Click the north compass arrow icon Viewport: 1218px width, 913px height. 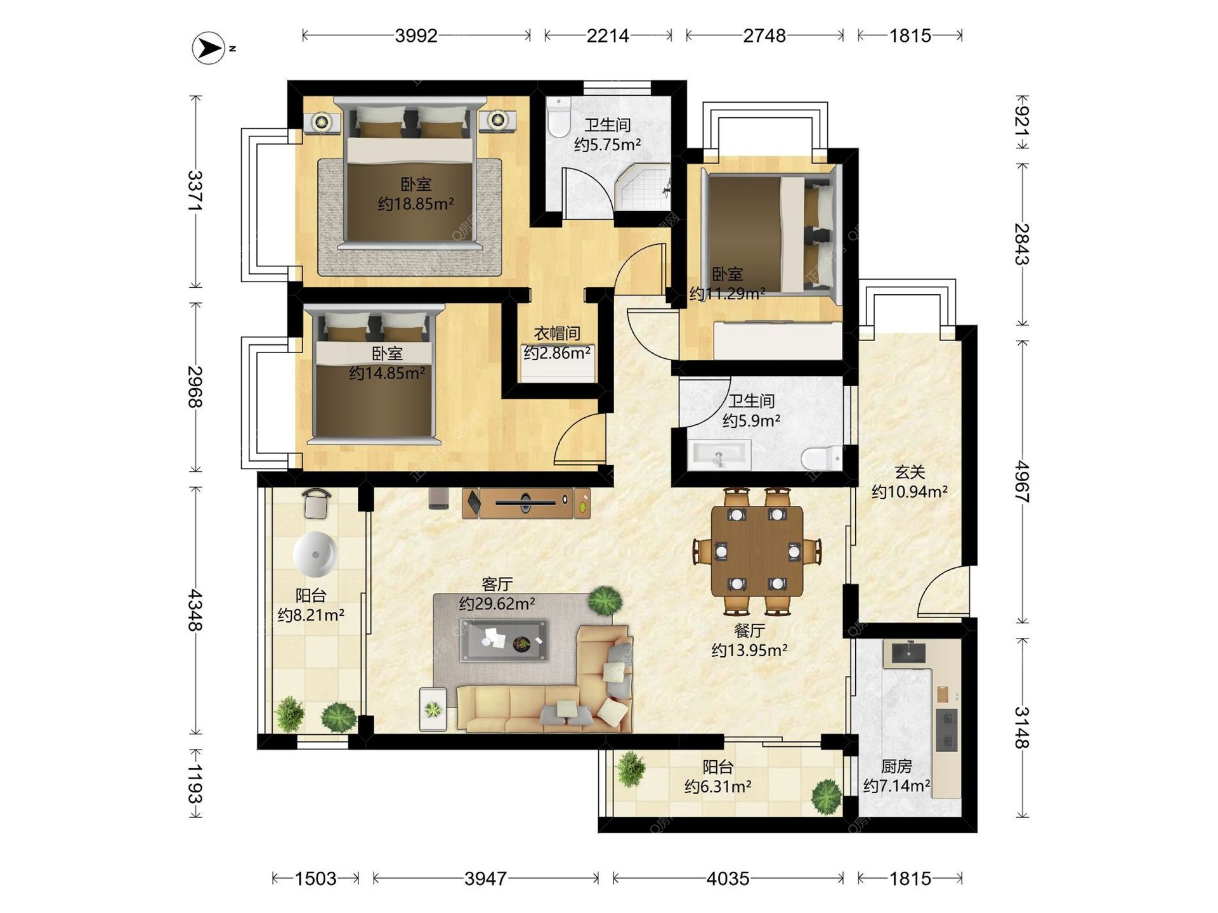pyautogui.click(x=209, y=48)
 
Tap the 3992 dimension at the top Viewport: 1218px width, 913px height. pyautogui.click(x=416, y=36)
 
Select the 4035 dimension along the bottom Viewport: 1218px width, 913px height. pyautogui.click(x=728, y=878)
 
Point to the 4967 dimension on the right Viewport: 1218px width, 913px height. pyautogui.click(x=1021, y=482)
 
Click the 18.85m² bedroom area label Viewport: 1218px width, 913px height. pyautogui.click(x=416, y=204)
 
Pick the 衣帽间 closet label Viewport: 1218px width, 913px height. pyautogui.click(x=557, y=333)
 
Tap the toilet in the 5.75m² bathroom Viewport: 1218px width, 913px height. pyautogui.click(x=559, y=117)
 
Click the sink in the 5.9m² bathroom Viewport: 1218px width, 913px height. pyautogui.click(x=719, y=455)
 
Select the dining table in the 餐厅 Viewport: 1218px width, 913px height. pyautogui.click(x=757, y=551)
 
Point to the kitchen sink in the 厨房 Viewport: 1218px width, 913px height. pyautogui.click(x=908, y=652)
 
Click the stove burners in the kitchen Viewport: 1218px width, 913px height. pyautogui.click(x=946, y=730)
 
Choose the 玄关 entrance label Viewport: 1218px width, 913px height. pyautogui.click(x=910, y=472)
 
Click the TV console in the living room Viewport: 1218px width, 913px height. pyautogui.click(x=526, y=503)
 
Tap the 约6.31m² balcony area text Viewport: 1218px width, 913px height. pyautogui.click(x=717, y=786)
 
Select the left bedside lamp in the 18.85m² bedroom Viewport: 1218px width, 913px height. pyautogui.click(x=322, y=121)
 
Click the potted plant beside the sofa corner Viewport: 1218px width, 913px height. pyautogui.click(x=605, y=599)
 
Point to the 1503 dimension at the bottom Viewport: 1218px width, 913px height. pyautogui.click(x=315, y=878)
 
